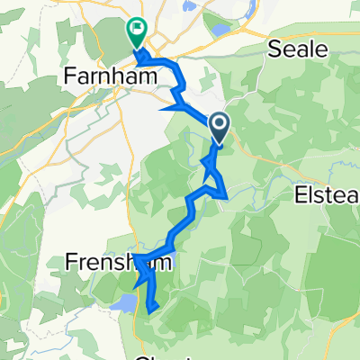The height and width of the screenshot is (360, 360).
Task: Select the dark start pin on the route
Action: (x=219, y=126)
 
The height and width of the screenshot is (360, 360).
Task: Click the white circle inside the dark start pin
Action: (x=219, y=122)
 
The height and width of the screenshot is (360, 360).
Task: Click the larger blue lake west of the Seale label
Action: (x=220, y=30)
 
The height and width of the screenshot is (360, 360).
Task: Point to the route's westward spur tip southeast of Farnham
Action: (x=162, y=110)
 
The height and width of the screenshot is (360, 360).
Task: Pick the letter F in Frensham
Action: (x=71, y=262)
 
